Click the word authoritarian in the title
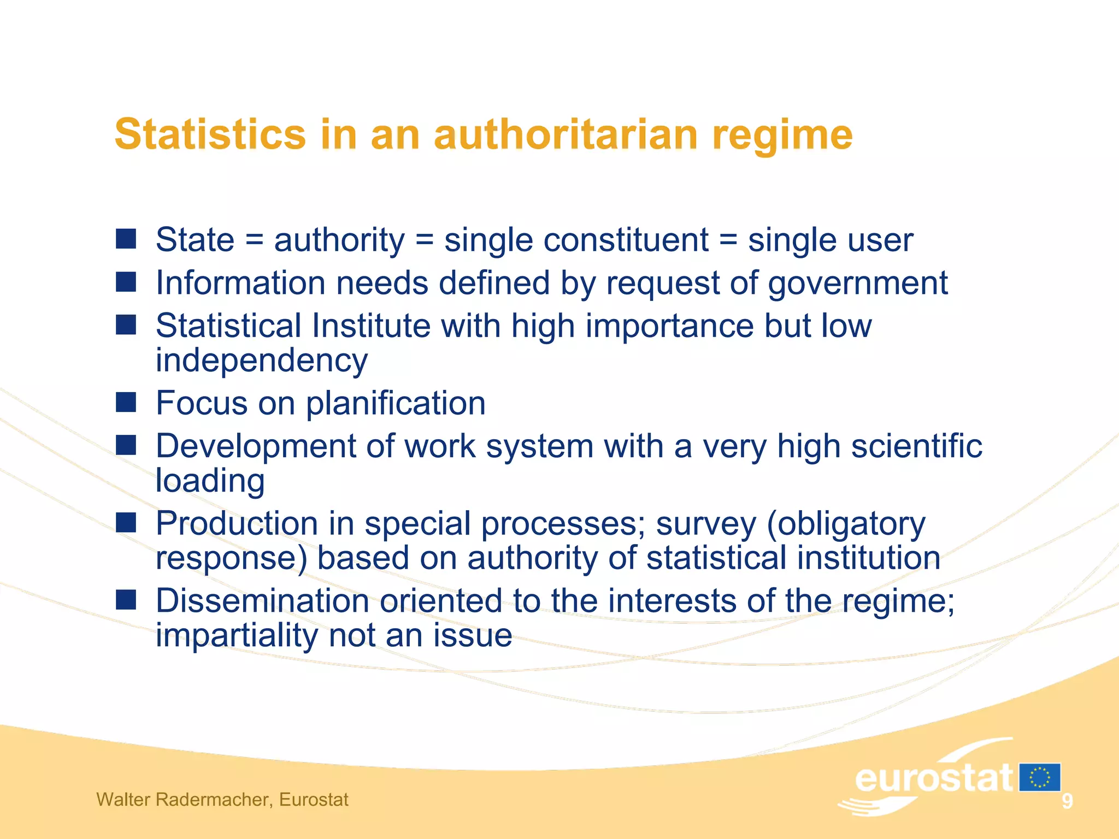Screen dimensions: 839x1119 (x=566, y=134)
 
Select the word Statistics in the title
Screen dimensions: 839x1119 (x=210, y=134)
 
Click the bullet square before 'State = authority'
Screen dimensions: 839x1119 (x=126, y=239)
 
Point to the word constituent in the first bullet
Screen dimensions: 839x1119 (x=576, y=240)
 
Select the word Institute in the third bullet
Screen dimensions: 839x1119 (x=371, y=326)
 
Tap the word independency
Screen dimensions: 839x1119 (x=262, y=361)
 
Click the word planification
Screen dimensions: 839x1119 (x=396, y=404)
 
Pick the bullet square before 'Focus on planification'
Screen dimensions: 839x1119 (x=126, y=402)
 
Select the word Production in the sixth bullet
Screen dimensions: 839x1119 (x=237, y=524)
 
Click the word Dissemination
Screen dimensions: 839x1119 (x=262, y=601)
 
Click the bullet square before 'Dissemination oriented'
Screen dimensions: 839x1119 (x=126, y=600)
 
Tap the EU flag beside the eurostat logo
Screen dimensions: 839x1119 (x=1040, y=777)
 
